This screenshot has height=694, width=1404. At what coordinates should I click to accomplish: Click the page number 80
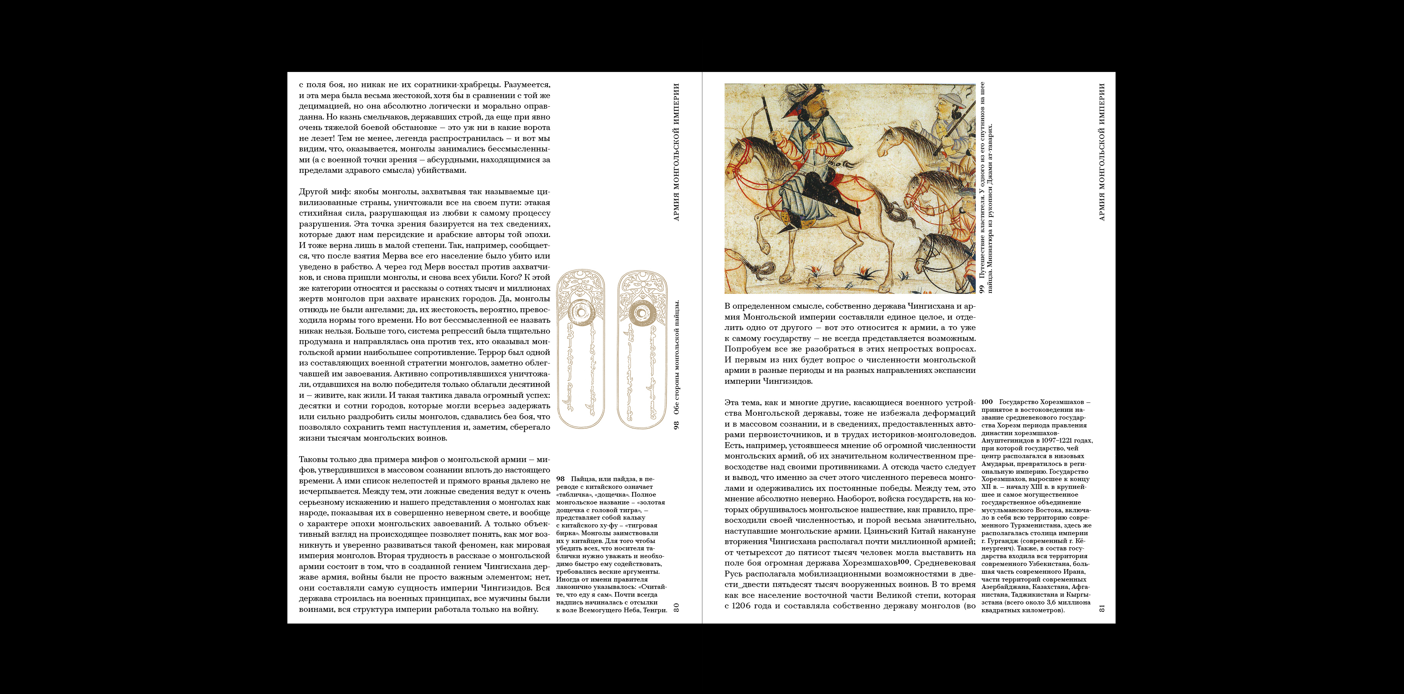pos(676,607)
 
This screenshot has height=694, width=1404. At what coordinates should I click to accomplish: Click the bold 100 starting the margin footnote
pos(987,402)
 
